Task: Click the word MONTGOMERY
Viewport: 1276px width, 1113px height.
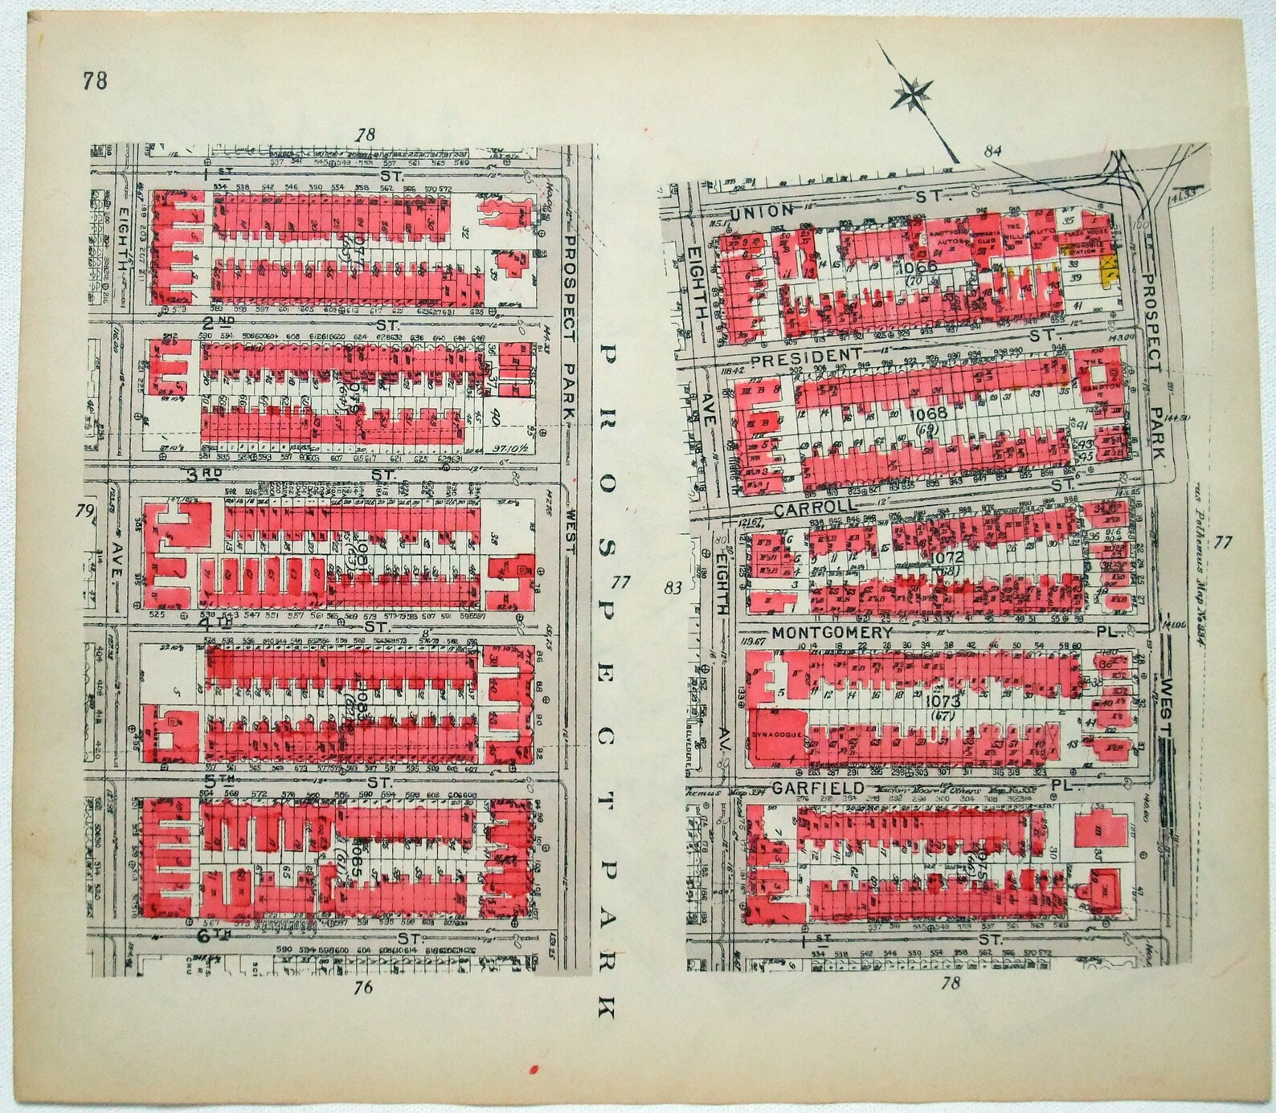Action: [x=832, y=632]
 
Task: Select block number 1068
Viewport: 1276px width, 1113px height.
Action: [x=929, y=414]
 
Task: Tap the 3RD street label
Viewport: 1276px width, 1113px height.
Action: [x=204, y=474]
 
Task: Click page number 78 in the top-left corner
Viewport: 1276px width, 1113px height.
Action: [x=94, y=80]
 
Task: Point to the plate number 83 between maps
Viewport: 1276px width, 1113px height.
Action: [x=673, y=589]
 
